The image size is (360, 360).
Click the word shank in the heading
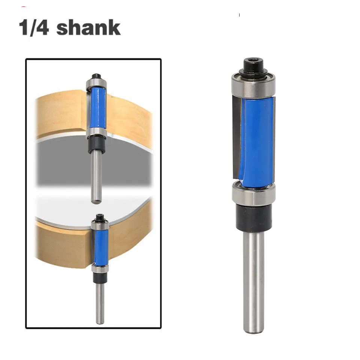[x=88, y=28]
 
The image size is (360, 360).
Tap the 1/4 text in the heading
[x=34, y=28]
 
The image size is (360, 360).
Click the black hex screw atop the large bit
[x=253, y=65]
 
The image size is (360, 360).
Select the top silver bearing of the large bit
[x=253, y=85]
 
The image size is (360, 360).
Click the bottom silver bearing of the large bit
[x=253, y=194]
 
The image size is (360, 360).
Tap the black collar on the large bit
[x=254, y=217]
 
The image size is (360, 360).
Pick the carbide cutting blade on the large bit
[x=237, y=137]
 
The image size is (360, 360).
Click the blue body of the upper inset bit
[x=98, y=108]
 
